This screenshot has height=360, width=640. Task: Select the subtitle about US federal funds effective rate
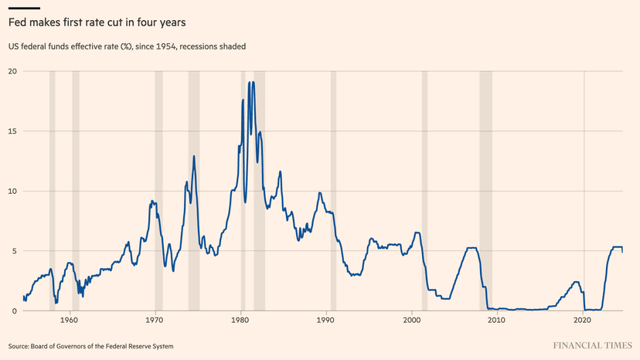[x=128, y=46]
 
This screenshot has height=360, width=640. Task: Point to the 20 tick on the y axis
[x=13, y=71]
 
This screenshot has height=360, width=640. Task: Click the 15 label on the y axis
[x=13, y=131]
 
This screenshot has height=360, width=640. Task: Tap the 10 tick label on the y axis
[x=13, y=191]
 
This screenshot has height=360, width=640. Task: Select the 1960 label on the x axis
[x=70, y=320]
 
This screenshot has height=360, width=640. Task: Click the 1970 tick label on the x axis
[x=155, y=320]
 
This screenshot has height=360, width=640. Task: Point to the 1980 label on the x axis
[x=240, y=320]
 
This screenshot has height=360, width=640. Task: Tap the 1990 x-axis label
[x=326, y=320]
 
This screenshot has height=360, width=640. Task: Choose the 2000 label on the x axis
[x=411, y=320]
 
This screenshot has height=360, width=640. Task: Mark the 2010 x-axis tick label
[x=497, y=320]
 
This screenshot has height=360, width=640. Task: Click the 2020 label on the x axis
[x=583, y=320]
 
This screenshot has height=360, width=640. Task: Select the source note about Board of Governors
[x=90, y=346]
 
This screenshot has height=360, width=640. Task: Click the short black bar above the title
[x=23, y=8]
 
